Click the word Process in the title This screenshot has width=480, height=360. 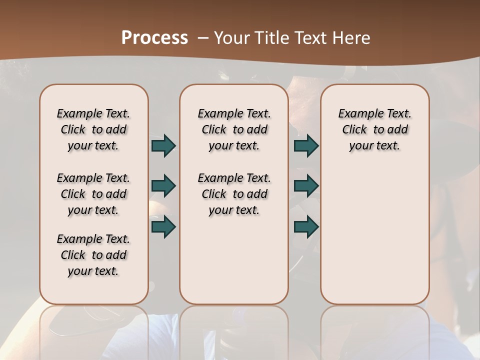click(x=154, y=37)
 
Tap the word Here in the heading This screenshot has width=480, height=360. click(x=352, y=37)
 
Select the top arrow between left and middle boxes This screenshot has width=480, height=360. click(x=163, y=145)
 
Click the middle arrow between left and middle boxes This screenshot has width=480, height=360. click(x=163, y=186)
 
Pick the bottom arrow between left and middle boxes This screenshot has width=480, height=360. click(x=163, y=226)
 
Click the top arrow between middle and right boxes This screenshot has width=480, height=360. click(x=306, y=145)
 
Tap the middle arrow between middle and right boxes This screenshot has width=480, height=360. click(x=306, y=186)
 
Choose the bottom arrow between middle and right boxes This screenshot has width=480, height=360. click(x=306, y=226)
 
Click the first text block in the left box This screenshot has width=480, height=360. click(x=93, y=129)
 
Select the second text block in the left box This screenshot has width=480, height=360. click(x=93, y=194)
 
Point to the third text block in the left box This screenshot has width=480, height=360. click(x=93, y=255)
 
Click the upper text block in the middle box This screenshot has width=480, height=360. click(x=234, y=129)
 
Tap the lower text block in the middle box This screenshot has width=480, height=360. click(x=234, y=194)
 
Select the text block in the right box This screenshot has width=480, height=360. click(x=374, y=129)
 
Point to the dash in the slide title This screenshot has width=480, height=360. click(x=203, y=37)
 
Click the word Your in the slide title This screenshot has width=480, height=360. click(x=232, y=37)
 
